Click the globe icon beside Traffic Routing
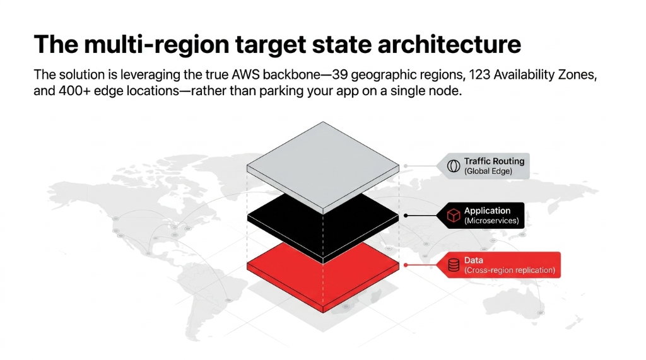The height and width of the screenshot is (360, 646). (453, 166)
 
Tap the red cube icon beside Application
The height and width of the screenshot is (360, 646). (453, 216)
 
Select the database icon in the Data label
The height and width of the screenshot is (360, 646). (453, 265)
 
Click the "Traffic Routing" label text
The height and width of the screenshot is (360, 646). (494, 161)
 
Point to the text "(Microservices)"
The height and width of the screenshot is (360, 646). (491, 221)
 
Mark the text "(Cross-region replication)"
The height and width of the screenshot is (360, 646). (509, 270)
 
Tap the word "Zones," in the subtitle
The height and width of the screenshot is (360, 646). (577, 75)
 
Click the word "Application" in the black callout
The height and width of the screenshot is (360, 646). (487, 211)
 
